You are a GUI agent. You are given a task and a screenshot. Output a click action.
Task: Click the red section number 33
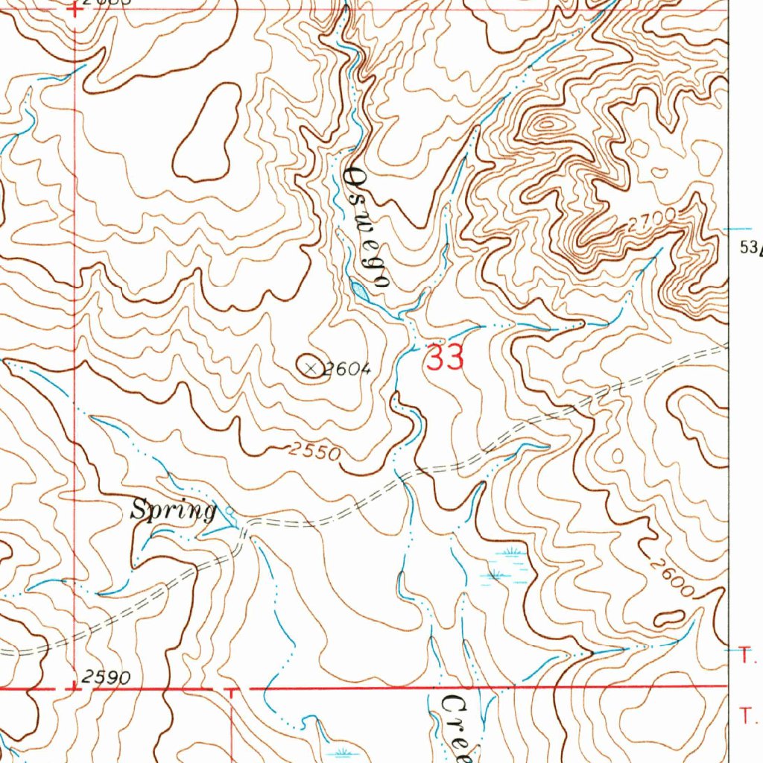(x=445, y=358)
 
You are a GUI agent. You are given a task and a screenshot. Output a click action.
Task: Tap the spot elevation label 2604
(x=346, y=369)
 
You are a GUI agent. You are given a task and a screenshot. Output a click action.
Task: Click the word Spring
(x=173, y=510)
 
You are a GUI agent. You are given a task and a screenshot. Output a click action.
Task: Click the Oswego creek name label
(x=367, y=227)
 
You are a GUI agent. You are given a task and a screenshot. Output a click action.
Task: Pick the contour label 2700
(x=650, y=220)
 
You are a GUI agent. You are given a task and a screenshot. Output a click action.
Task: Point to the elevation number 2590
(x=107, y=677)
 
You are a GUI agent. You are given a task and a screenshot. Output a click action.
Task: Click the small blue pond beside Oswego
(x=360, y=291)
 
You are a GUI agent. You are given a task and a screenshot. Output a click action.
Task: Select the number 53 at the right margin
(x=747, y=248)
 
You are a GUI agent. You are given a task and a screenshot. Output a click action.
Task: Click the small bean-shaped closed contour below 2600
(x=669, y=618)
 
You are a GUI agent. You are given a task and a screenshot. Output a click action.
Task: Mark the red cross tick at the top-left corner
(x=75, y=10)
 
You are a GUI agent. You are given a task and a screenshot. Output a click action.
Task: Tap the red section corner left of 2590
(x=75, y=688)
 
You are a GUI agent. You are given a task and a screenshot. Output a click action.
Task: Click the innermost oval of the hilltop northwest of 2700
(x=548, y=125)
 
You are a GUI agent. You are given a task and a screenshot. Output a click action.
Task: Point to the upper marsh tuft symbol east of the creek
(x=509, y=553)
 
